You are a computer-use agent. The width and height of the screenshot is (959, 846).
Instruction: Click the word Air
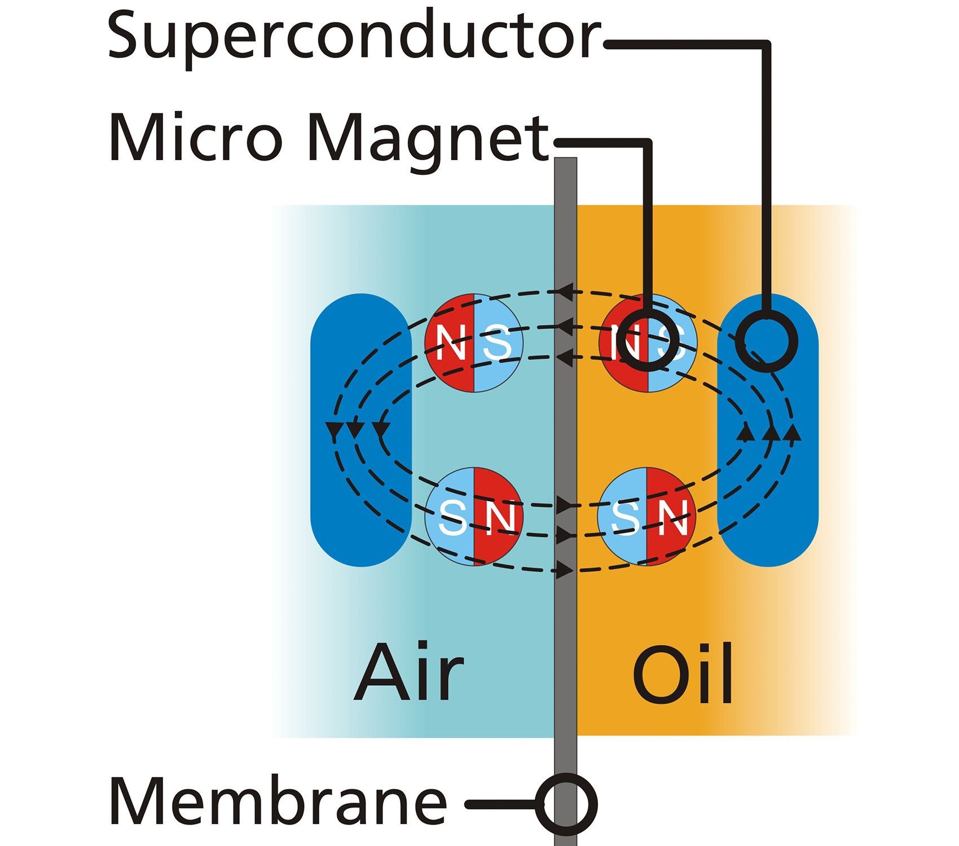pos(409,672)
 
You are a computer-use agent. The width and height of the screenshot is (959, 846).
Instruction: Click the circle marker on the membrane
pos(566,804)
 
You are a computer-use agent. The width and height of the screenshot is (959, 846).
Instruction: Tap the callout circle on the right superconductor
pos(767,341)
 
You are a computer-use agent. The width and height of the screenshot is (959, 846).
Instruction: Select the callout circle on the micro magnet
pos(647,340)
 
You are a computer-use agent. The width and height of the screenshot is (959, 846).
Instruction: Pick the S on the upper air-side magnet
pos(497,343)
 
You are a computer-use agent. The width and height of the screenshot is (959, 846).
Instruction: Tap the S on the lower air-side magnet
pos(453,517)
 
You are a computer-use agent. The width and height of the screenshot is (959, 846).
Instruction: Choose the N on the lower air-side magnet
pos(500,517)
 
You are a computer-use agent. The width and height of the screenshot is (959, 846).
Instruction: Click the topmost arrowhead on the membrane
pos(565,292)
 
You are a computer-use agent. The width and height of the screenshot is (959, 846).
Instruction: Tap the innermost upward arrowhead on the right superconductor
pos(746,432)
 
